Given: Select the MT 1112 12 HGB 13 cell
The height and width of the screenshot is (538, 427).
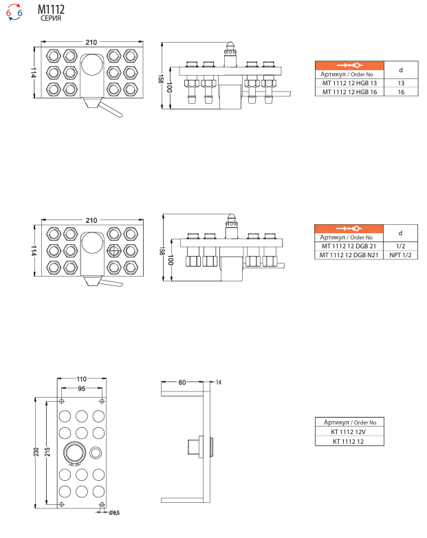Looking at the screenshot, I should click(349, 83).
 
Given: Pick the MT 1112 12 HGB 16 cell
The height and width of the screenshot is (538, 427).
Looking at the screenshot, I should click(349, 92).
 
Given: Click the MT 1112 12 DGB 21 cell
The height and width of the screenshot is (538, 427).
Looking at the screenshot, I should click(349, 246).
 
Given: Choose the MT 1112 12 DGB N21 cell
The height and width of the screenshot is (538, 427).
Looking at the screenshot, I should click(349, 255).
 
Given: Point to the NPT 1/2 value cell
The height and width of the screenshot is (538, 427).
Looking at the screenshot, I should click(400, 255).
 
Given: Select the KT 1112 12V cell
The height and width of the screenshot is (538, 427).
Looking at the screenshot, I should click(349, 431).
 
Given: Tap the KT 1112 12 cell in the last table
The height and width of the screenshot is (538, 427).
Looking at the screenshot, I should click(349, 441).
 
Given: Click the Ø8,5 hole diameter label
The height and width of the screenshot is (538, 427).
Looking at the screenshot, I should click(114, 513).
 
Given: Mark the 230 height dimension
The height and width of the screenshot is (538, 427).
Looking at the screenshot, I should click(36, 453).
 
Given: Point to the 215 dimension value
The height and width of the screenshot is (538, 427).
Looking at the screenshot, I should click(47, 453).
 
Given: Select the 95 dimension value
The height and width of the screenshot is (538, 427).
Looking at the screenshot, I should click(81, 389).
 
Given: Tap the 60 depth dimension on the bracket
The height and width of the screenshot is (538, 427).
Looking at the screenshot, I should click(182, 381).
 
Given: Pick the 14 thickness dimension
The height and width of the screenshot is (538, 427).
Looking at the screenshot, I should click(218, 381).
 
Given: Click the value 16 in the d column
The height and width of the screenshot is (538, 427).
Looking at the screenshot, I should click(400, 92).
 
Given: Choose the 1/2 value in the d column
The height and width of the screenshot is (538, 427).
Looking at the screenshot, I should click(400, 246).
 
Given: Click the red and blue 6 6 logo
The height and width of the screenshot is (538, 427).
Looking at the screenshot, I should click(14, 12).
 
